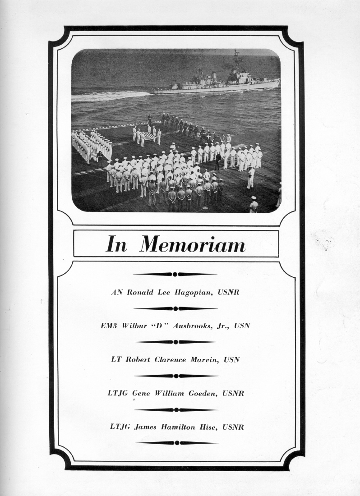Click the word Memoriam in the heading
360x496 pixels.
(193, 244)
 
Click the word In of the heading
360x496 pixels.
(116, 244)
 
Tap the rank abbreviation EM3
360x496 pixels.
(110, 326)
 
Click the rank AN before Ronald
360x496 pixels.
(116, 293)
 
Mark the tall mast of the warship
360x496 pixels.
(236, 61)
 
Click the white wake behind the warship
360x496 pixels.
(113, 96)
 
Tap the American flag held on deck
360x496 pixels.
(148, 135)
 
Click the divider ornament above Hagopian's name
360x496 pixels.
(175, 274)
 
